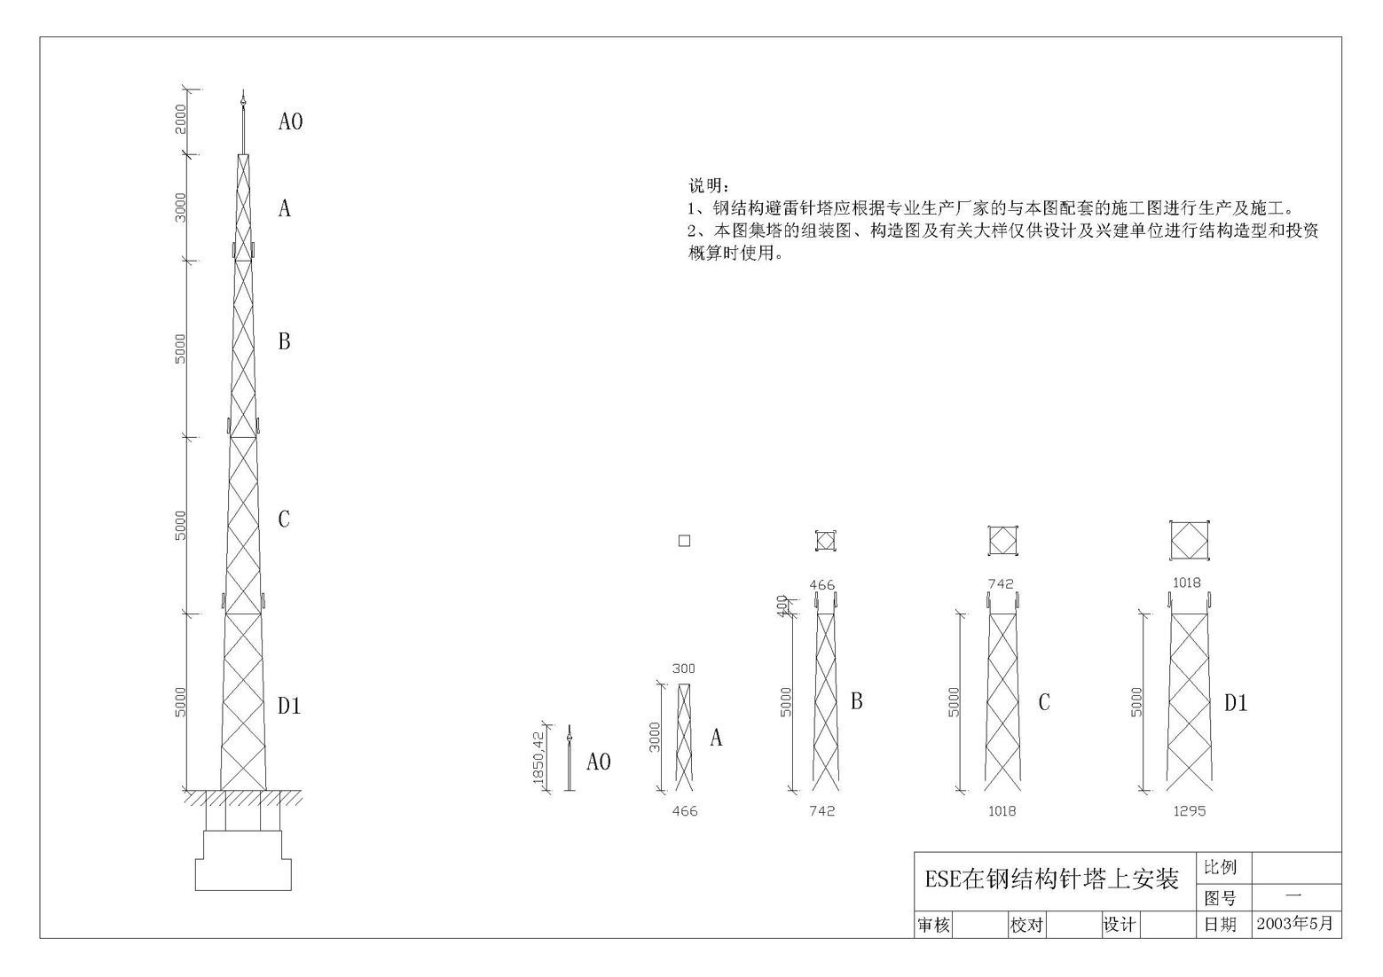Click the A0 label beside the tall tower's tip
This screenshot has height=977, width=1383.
(290, 121)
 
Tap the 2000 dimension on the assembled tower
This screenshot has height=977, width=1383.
(180, 119)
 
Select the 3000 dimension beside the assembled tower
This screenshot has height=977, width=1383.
(180, 207)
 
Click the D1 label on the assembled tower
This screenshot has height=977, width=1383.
(289, 706)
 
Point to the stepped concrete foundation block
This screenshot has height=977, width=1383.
(243, 860)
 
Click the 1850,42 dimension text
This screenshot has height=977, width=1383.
(538, 759)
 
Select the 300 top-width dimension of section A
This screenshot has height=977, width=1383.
(683, 668)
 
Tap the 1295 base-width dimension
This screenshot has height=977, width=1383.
(1189, 811)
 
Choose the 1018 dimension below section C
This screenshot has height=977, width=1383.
(1002, 811)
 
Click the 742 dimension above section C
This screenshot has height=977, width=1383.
(1001, 584)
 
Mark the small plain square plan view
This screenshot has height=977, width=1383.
(684, 541)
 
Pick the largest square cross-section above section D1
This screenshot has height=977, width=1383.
(1189, 541)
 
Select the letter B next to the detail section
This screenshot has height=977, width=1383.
(856, 701)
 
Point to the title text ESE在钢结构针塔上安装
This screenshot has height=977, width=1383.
(1051, 879)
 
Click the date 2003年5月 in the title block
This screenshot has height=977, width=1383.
(1295, 923)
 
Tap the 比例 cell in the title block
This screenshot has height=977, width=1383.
(1220, 867)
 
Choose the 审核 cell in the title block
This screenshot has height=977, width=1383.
(933, 925)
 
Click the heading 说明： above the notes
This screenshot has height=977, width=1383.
(709, 186)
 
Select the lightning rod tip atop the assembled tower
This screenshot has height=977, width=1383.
(243, 98)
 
